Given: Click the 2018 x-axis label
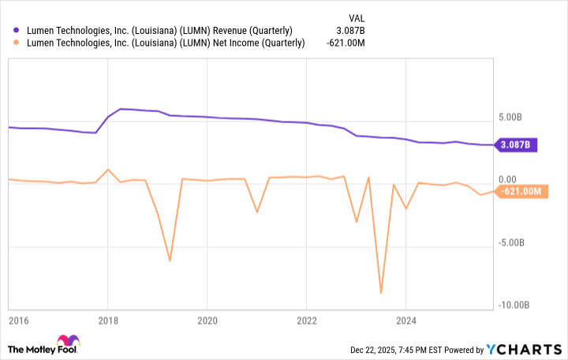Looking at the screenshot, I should tap(108, 321).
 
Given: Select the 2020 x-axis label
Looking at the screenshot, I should tap(207, 321).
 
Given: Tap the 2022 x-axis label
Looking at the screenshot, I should tap(306, 321).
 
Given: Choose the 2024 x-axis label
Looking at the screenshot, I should tap(405, 321).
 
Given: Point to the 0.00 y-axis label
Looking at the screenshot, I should tap(508, 180).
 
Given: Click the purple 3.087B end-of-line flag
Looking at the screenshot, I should tap(518, 144).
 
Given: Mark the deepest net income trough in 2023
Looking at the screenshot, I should tap(381, 293).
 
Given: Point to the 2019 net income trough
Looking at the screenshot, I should tap(170, 261).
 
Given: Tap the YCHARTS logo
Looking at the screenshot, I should tap(523, 349).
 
